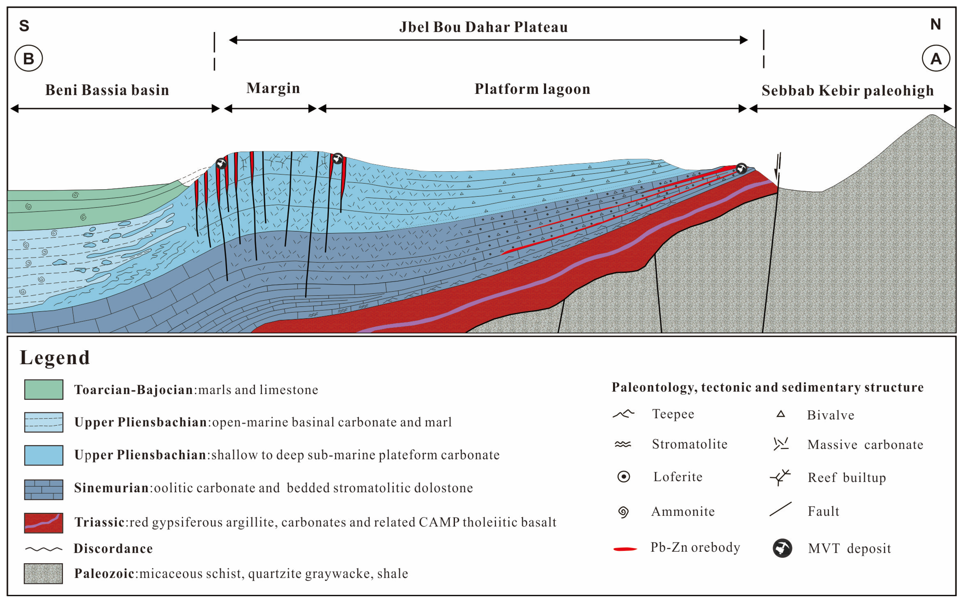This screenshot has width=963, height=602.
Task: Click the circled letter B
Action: point(29,58)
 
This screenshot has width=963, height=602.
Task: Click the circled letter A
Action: point(936,58)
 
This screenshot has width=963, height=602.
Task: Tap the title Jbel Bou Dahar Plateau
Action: point(483,27)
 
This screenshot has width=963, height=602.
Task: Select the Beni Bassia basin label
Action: point(107,90)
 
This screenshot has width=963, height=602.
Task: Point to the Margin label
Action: point(273,88)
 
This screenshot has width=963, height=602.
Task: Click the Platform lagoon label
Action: point(532,89)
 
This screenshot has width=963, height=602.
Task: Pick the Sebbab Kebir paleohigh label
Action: point(848,91)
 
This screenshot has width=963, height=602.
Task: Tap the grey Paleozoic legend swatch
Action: point(43,573)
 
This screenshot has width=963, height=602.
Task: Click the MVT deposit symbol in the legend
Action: point(782,548)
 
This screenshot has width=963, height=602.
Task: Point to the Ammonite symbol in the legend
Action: point(624,511)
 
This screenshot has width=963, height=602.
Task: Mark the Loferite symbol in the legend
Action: point(624,477)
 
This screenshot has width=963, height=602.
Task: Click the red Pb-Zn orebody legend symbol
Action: point(625,549)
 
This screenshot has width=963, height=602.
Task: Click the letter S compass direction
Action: point(24,26)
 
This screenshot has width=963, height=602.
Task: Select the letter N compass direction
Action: point(936,25)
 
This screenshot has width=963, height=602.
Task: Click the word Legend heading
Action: point(55,357)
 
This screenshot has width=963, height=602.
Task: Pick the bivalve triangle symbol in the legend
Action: point(781,414)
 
